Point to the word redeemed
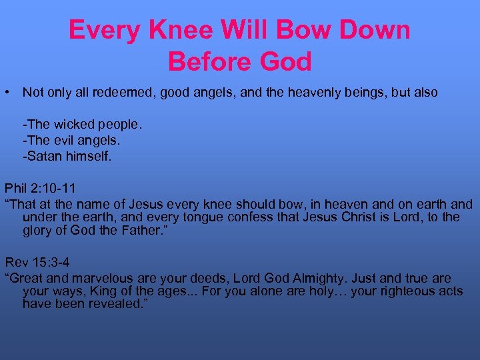pyautogui.click(x=115, y=93)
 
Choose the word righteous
pyautogui.click(x=393, y=291)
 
